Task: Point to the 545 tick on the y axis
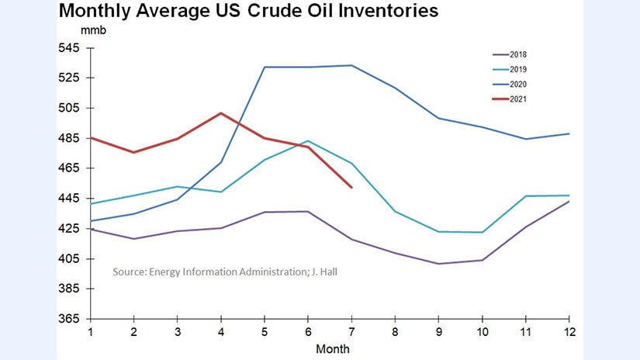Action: pyautogui.click(x=70, y=48)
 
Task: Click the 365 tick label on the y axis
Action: pyautogui.click(x=70, y=319)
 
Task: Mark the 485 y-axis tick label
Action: pyautogui.click(x=70, y=138)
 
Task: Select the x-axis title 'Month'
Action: pyautogui.click(x=330, y=348)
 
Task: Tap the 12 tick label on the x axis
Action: pyautogui.click(x=569, y=331)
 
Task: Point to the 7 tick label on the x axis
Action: pyautogui.click(x=352, y=331)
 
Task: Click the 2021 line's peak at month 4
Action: pyautogui.click(x=222, y=113)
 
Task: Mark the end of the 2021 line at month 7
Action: pyautogui.click(x=352, y=187)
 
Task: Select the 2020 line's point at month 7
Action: pyautogui.click(x=352, y=65)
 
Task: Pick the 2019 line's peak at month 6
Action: pyautogui.click(x=309, y=141)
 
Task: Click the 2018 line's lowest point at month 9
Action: pyautogui.click(x=439, y=264)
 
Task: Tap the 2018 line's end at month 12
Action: pyautogui.click(x=569, y=202)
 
